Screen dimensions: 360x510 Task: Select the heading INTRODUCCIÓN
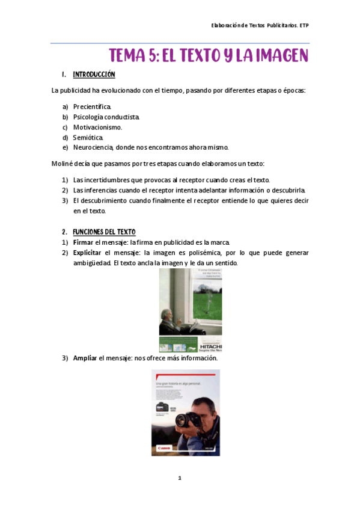click(x=94, y=75)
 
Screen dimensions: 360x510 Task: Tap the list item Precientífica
click(x=92, y=106)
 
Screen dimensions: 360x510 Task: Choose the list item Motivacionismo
click(x=97, y=127)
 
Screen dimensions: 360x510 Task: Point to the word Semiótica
click(x=89, y=137)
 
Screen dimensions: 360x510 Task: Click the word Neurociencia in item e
click(x=94, y=147)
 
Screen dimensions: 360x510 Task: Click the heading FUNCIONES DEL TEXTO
click(x=104, y=232)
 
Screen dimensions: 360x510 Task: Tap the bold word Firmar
click(x=83, y=242)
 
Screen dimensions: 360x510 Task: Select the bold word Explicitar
click(x=88, y=253)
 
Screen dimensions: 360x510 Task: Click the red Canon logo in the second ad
click(x=164, y=447)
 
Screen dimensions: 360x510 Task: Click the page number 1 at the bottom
click(x=179, y=478)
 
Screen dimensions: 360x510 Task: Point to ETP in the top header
click(x=304, y=25)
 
